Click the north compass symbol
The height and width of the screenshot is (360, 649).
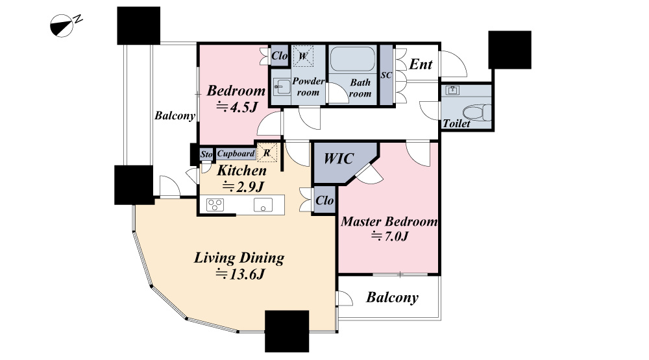[66, 25]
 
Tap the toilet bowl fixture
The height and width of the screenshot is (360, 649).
[476, 113]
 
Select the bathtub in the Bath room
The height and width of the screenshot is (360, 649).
[352, 59]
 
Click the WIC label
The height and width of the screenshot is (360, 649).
[339, 158]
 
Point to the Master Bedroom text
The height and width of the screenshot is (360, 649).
[389, 221]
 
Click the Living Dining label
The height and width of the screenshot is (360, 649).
[239, 258]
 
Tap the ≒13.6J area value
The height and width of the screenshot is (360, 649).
[240, 274]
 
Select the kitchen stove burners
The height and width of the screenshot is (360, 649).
[215, 204]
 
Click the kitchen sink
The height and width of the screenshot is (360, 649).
[263, 204]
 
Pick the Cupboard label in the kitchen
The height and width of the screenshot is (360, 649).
[236, 154]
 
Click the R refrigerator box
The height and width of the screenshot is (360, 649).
[267, 152]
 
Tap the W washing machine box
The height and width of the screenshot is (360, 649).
[303, 56]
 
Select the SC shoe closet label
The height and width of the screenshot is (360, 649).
[386, 75]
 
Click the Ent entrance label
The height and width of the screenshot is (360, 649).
[421, 64]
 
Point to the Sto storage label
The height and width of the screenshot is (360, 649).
[206, 154]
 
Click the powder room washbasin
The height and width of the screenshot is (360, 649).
[282, 88]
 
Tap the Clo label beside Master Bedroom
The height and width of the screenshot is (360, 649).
[324, 200]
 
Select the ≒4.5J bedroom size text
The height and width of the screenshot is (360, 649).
[238, 108]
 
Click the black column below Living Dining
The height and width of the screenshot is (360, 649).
[287, 331]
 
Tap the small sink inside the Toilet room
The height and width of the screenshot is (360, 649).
[453, 90]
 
